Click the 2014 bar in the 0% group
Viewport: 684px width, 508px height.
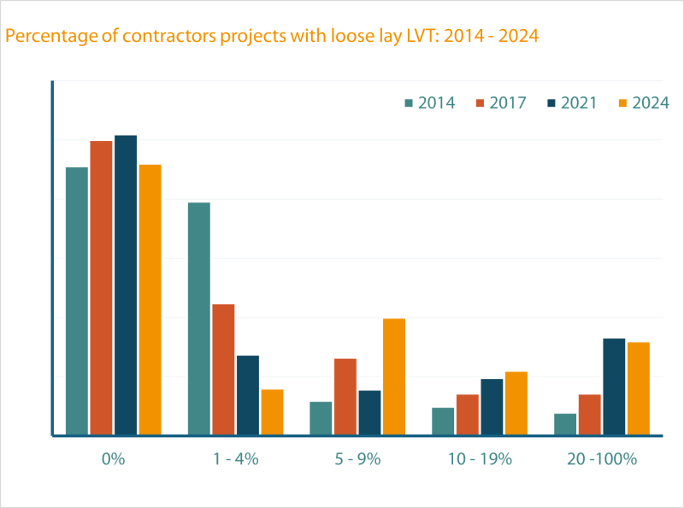[77, 301]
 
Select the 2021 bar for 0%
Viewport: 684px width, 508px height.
[126, 285]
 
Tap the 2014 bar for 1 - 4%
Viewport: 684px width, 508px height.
[198, 318]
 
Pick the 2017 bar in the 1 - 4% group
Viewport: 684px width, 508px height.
[223, 369]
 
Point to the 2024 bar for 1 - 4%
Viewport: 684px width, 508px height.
[272, 412]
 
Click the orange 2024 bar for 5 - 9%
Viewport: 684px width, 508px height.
[394, 377]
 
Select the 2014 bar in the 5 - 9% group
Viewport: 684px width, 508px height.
[321, 418]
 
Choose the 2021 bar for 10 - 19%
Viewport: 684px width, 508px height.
[492, 406]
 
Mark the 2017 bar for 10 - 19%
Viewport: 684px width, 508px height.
[468, 414]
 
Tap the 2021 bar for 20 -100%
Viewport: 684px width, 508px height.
[614, 386]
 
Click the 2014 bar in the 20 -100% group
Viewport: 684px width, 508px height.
[564, 424]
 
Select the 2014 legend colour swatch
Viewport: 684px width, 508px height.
[409, 102]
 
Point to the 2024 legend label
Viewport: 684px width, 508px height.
[650, 102]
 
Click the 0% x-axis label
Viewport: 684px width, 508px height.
[113, 458]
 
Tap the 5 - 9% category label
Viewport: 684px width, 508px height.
[357, 458]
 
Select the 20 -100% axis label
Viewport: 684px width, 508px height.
[602, 458]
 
